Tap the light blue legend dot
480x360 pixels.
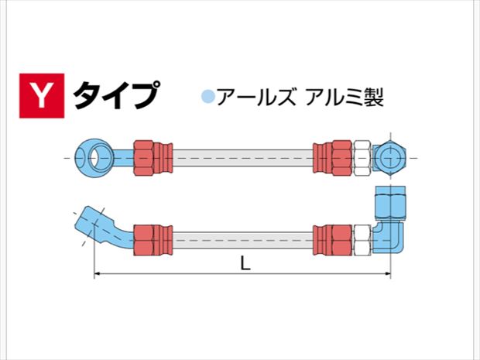[207, 98]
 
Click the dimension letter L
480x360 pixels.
[245, 263]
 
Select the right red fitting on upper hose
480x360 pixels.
[334, 158]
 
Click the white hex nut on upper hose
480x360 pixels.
[363, 158]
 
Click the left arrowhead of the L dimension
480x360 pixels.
[98, 275]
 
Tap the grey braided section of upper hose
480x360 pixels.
[240, 158]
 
